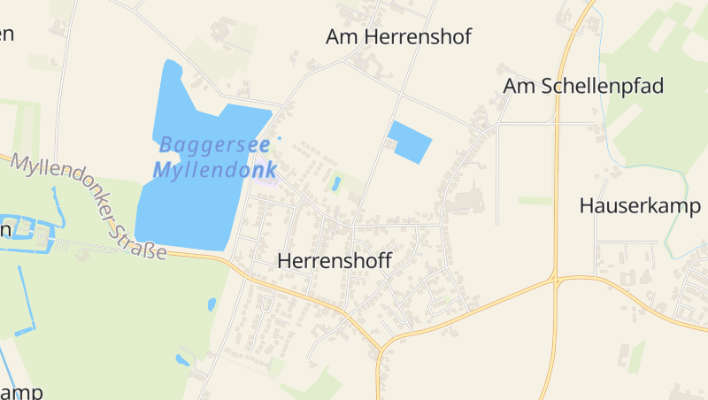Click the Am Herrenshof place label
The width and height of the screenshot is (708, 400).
point(398,36)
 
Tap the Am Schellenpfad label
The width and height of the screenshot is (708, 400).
point(583,86)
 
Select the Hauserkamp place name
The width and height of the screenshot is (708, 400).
point(640,206)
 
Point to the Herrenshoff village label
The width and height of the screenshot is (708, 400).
point(335,261)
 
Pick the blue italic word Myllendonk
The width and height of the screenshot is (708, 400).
point(215,170)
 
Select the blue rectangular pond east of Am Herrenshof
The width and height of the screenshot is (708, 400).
point(410,141)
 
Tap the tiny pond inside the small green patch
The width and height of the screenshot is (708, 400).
point(335,184)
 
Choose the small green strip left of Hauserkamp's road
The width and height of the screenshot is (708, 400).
point(535,201)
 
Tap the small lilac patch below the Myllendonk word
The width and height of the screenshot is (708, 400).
point(272,183)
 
